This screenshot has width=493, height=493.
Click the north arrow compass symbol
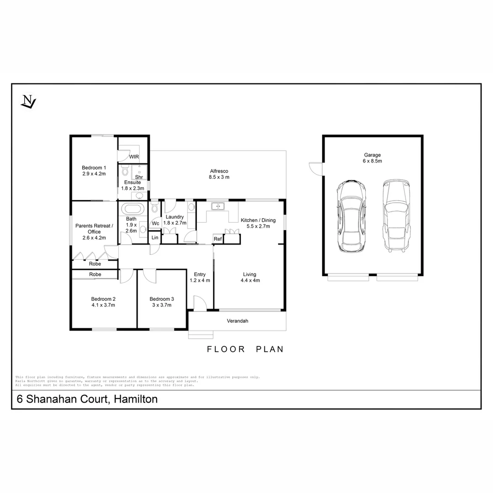(x=28, y=101)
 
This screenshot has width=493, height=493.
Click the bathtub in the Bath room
(x=132, y=210)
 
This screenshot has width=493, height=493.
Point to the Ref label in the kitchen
(x=218, y=239)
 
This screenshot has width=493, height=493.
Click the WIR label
(x=134, y=157)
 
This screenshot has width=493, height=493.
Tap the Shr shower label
(x=139, y=177)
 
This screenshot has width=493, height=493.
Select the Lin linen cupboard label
(x=155, y=238)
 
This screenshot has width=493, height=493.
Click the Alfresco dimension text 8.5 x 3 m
(x=219, y=177)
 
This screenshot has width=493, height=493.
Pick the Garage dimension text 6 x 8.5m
(x=372, y=161)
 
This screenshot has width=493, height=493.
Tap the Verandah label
(x=237, y=321)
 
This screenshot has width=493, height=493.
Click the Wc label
(x=155, y=224)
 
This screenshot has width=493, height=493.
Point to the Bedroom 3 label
(x=162, y=299)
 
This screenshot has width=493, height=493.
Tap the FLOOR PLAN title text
(x=245, y=349)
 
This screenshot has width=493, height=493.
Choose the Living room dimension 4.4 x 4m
(x=250, y=281)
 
